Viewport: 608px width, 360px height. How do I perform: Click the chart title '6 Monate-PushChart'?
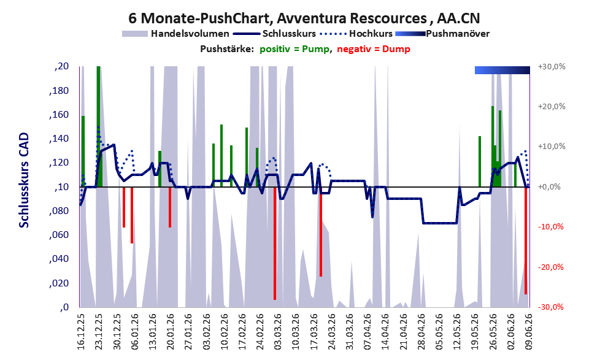pyautogui.click(x=199, y=18)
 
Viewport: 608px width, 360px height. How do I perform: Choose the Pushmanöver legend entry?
pyautogui.click(x=442, y=34)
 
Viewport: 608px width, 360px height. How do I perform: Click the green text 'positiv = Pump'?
pyautogui.click(x=294, y=49)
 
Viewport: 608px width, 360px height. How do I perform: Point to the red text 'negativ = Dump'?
pyautogui.click(x=374, y=49)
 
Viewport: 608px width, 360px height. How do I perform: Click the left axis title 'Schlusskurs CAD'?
pyautogui.click(x=24, y=180)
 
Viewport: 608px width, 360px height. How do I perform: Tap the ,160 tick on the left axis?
pyautogui.click(x=59, y=115)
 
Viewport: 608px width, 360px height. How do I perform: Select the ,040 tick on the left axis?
pyautogui.click(x=59, y=259)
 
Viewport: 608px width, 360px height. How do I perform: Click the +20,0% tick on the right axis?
pyautogui.click(x=552, y=107)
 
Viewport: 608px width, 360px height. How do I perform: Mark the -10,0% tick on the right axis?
pyautogui.click(x=551, y=227)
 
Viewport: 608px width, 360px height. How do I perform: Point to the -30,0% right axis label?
pyautogui.click(x=551, y=307)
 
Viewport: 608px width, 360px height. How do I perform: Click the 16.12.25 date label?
pyautogui.click(x=80, y=331)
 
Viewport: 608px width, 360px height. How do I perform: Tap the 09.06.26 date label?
pyautogui.click(x=528, y=331)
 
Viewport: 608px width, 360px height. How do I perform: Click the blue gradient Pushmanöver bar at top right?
pyautogui.click(x=502, y=70)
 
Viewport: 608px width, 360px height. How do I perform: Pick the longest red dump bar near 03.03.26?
pyautogui.click(x=275, y=243)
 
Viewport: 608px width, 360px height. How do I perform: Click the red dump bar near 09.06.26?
pyautogui.click(x=526, y=240)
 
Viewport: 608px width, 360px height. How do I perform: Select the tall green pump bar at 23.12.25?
pyautogui.click(x=99, y=127)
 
